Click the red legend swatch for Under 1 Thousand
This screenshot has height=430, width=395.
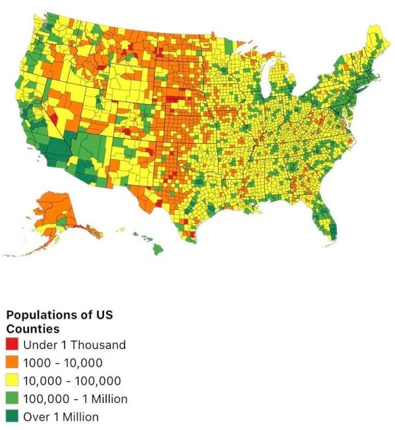(13, 344)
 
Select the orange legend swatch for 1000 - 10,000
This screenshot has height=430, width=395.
(13, 362)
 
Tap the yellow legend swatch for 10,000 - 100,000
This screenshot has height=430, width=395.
(13, 381)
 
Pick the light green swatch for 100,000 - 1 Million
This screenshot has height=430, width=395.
(13, 398)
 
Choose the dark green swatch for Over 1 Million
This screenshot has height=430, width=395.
(13, 416)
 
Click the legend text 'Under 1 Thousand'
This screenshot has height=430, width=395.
(74, 344)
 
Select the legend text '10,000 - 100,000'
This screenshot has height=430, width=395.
(72, 381)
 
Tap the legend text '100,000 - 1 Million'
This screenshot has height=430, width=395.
(75, 398)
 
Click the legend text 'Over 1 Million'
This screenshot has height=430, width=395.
(61, 416)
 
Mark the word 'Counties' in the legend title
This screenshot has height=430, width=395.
(33, 328)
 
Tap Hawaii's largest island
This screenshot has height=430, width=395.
(159, 249)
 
